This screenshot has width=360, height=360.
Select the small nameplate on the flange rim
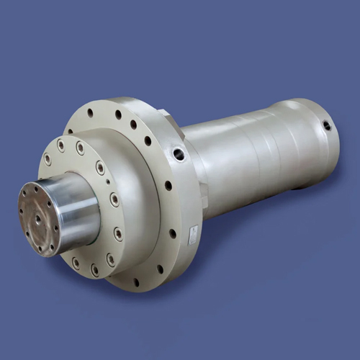(193, 233)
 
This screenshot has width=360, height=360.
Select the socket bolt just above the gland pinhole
(100, 168)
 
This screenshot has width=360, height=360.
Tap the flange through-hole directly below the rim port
(168, 185)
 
